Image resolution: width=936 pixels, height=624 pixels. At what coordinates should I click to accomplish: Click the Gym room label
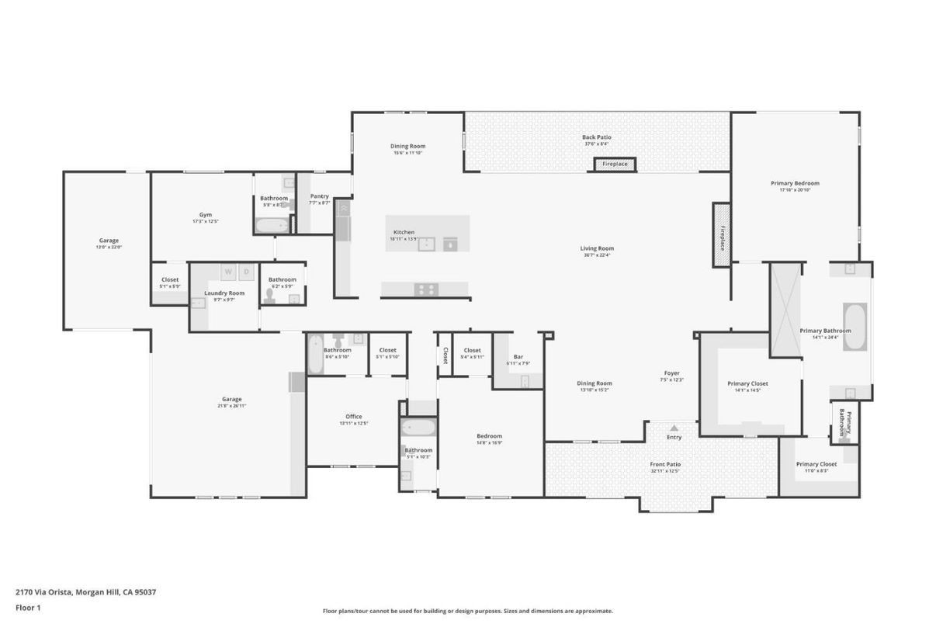click(205, 215)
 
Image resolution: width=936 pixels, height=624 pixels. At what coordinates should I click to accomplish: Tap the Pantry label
click(319, 197)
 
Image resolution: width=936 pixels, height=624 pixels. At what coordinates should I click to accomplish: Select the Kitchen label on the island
click(404, 232)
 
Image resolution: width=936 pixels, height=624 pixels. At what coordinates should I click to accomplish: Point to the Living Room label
click(596, 249)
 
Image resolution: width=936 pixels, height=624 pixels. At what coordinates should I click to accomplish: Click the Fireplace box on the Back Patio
click(615, 165)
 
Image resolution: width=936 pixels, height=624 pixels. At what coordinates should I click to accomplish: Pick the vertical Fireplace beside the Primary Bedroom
click(722, 235)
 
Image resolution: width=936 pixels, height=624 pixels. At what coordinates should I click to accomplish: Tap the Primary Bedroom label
click(795, 184)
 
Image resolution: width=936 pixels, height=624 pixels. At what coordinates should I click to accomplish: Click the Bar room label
click(518, 357)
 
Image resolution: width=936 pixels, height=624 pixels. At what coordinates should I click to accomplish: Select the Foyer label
click(671, 373)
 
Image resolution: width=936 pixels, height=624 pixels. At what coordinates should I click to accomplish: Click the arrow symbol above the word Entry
click(674, 428)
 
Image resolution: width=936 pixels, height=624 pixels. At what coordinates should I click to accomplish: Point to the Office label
click(353, 417)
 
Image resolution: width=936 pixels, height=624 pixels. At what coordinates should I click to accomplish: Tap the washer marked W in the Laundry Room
click(229, 272)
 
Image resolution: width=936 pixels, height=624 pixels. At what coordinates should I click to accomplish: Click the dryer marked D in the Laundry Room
click(247, 272)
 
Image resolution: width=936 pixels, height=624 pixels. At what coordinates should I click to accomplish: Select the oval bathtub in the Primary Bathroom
click(855, 327)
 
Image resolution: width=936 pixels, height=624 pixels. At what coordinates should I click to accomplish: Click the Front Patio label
click(665, 465)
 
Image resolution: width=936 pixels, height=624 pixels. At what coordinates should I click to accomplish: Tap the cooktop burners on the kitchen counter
click(425, 289)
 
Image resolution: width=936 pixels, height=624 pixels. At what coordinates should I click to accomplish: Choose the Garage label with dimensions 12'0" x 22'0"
click(109, 241)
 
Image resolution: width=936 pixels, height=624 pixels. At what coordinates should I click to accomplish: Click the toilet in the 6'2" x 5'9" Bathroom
click(271, 295)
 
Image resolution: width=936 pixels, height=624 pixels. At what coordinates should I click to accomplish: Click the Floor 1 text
click(28, 608)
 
